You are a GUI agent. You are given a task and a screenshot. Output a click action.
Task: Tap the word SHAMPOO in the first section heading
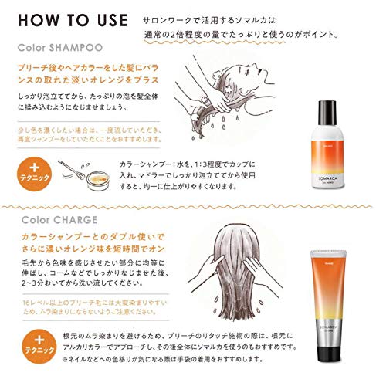tap(79, 47)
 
